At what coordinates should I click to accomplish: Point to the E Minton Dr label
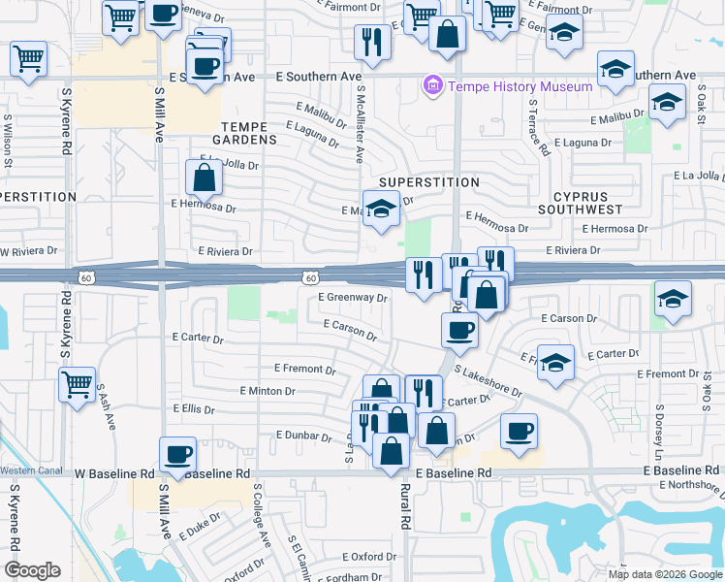(x=267, y=391)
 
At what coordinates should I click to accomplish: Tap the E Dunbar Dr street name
(x=303, y=436)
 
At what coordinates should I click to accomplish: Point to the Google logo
(x=34, y=570)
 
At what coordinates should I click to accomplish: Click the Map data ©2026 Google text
(x=664, y=574)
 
